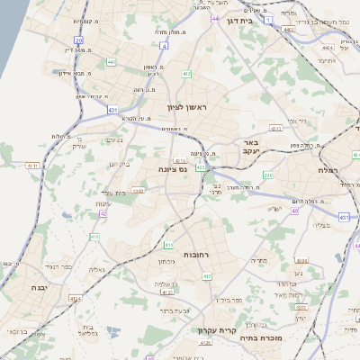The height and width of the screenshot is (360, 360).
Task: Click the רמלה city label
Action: click(328, 169)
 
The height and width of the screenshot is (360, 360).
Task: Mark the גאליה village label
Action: click(97, 268)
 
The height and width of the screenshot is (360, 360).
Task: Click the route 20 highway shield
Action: click(79, 40)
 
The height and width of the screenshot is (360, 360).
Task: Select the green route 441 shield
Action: click(111, 62)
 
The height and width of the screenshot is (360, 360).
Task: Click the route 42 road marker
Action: click(103, 213)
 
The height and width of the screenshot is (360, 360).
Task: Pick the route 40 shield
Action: click(294, 210)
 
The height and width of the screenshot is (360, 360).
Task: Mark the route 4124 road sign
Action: click(76, 298)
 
